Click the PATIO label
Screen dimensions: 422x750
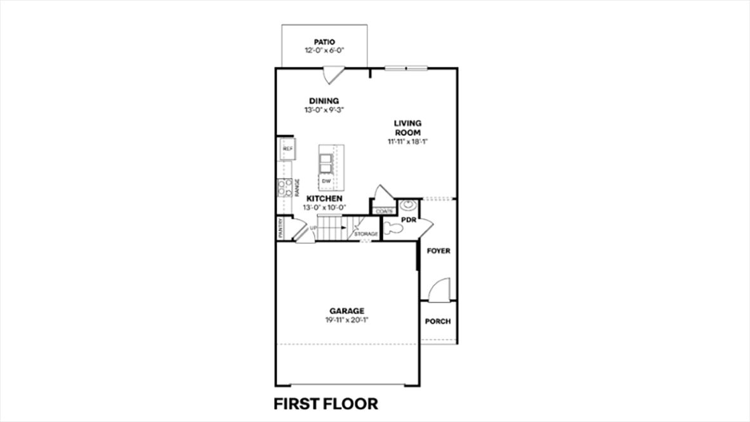(324, 42)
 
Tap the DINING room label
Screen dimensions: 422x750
(324, 101)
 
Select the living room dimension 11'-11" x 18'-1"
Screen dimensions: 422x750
(408, 142)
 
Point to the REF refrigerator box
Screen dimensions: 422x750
(287, 149)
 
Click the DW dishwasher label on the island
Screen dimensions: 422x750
(326, 181)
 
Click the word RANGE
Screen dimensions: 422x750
(296, 187)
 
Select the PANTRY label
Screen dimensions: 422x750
(280, 229)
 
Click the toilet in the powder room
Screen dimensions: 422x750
(393, 227)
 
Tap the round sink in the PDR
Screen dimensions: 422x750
(407, 206)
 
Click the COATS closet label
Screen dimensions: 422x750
(384, 211)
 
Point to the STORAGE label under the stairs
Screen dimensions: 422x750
(366, 234)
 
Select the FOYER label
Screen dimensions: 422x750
(438, 251)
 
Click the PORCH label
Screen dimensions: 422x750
(438, 321)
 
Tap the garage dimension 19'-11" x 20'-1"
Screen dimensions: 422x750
(346, 320)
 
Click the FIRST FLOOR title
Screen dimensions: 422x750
(326, 403)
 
